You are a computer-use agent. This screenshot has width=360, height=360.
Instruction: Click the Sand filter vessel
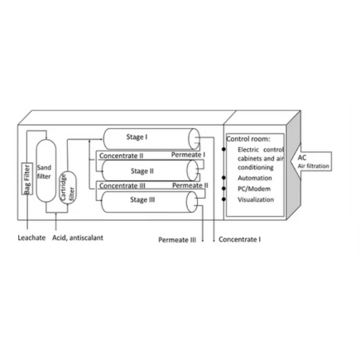click(46, 170)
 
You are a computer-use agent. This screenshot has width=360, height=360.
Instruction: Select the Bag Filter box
click(27, 179)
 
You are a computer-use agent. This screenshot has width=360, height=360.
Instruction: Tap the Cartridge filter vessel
click(68, 188)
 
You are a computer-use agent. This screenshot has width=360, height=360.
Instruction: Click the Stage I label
click(137, 137)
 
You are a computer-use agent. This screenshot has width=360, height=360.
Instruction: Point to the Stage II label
click(142, 171)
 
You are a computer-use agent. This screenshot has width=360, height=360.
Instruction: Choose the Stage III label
click(142, 199)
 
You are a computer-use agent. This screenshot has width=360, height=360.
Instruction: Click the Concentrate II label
click(121, 156)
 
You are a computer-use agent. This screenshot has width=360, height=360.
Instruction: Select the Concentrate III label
click(122, 186)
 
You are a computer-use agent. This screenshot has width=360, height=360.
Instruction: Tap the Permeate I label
click(188, 155)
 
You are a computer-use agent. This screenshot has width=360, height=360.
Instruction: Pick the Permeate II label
click(190, 185)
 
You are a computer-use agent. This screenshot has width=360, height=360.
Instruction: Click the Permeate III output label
click(177, 240)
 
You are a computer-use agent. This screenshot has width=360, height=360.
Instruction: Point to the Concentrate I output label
click(239, 239)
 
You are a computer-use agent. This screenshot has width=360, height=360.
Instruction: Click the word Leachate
click(31, 238)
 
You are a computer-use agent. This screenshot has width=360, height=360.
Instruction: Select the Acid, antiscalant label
click(78, 238)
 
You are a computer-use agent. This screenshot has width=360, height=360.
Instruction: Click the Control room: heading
click(248, 139)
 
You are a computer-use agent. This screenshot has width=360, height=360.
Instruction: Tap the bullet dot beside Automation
click(223, 178)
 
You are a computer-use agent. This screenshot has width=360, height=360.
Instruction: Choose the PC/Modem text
click(254, 189)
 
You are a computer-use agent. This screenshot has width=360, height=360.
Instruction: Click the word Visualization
click(256, 199)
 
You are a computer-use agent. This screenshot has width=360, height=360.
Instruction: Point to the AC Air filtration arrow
click(311, 161)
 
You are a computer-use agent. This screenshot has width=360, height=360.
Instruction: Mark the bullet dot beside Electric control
click(223, 149)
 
